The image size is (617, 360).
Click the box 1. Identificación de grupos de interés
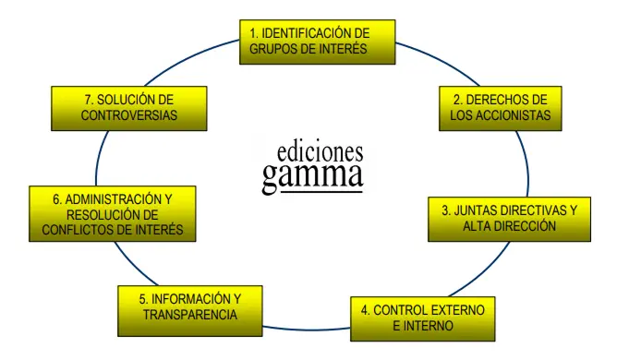[317, 42]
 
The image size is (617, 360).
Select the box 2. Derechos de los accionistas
[501, 108]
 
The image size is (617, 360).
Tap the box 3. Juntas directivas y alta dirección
[509, 218]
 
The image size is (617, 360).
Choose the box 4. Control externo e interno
[423, 318]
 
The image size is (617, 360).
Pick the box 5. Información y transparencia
[189, 307]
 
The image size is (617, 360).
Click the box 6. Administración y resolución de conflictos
[112, 214]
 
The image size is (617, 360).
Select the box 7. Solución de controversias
[128, 107]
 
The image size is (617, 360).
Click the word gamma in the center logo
[312, 174]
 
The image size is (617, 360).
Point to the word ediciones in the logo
[321, 150]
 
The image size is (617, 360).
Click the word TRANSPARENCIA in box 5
[190, 316]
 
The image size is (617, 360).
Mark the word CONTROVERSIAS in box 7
[129, 115]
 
